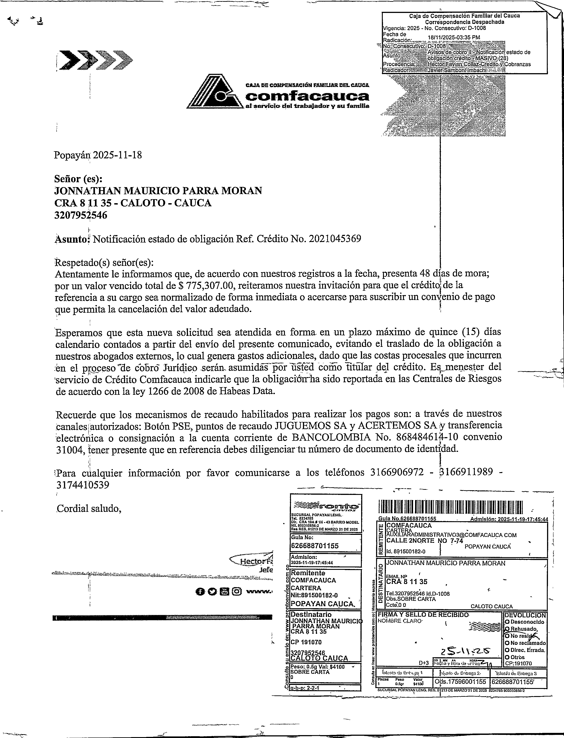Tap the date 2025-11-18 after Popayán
tap(117, 155)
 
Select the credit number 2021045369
tap(335, 239)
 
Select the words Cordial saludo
tap(88, 509)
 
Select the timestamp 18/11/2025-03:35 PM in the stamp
tap(454, 37)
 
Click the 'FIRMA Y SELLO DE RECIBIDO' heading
tap(423, 614)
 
